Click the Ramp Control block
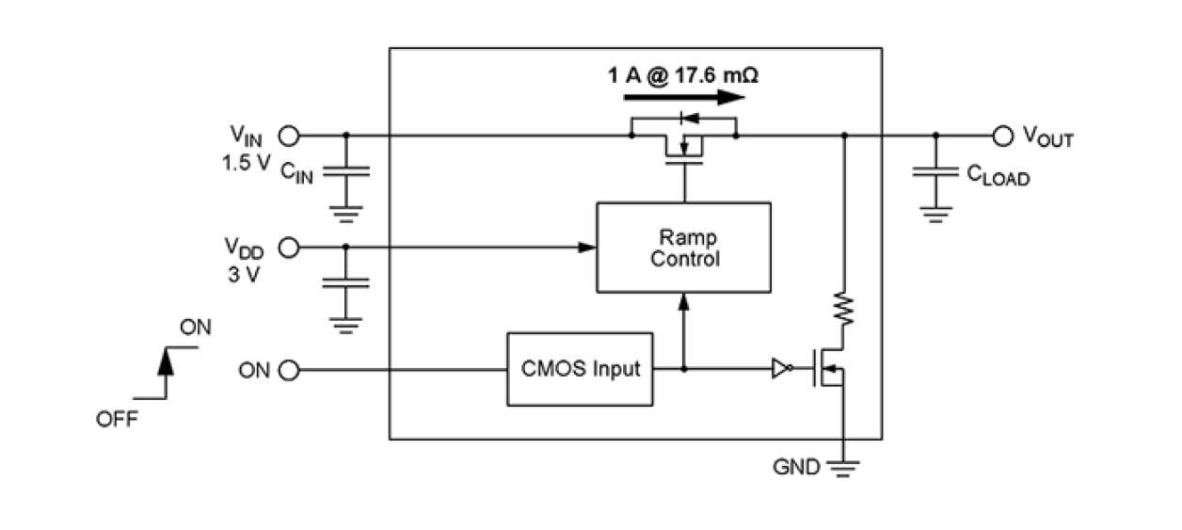(684, 247)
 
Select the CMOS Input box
(580, 369)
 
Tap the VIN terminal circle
(290, 136)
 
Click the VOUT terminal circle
(1003, 136)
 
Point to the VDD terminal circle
(290, 249)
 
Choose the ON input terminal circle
(290, 370)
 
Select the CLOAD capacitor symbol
(934, 173)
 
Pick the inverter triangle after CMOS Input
(780, 370)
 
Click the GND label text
(796, 466)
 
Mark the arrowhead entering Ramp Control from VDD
(587, 249)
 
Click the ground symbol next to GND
(844, 466)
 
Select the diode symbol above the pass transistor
(687, 118)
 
